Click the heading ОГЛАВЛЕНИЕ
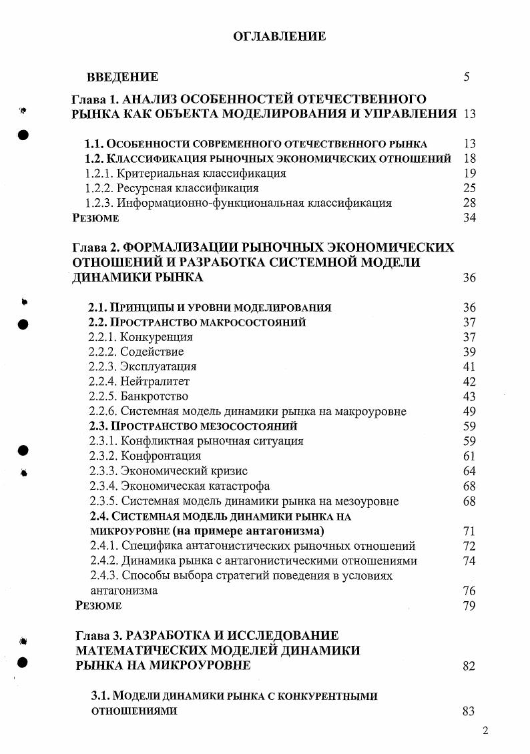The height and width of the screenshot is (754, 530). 279,36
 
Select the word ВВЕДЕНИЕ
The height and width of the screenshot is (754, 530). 122,77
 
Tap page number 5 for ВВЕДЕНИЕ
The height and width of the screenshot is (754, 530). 467,77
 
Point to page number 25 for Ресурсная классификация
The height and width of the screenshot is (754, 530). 469,188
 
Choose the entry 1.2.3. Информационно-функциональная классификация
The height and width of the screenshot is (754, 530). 238,203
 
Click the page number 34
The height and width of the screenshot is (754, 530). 469,218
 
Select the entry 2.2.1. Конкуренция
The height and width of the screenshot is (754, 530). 141,337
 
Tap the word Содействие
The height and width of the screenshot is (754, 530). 152,352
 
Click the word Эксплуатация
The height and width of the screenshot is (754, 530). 158,366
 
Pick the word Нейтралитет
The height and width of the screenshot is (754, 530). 155,381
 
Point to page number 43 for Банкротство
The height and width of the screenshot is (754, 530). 469,396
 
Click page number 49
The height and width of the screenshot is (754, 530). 469,411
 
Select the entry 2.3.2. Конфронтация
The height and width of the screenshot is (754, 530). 145,456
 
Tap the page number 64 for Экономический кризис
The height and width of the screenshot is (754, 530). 469,471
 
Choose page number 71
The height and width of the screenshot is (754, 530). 469,531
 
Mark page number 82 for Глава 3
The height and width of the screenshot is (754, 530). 469,666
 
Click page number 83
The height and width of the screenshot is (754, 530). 469,711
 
